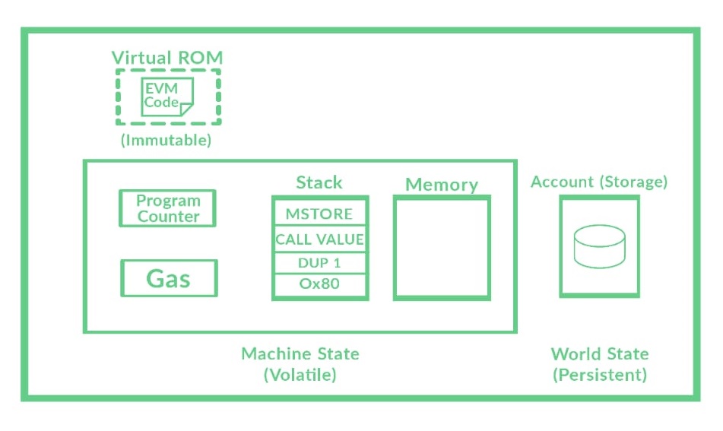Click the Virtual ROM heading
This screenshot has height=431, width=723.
[x=167, y=58]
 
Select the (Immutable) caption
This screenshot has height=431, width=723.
[x=166, y=141]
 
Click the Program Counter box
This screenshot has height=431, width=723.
[x=168, y=208]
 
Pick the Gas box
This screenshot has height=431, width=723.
[x=169, y=278]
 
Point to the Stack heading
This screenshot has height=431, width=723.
[x=319, y=182]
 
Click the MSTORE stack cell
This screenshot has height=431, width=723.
[x=319, y=214]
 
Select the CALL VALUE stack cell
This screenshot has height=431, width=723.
[x=319, y=239]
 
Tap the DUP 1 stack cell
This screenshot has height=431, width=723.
[x=319, y=263]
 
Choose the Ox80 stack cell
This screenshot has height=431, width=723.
[x=319, y=285]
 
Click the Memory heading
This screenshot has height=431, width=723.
[x=442, y=185]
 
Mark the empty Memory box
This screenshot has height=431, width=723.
[x=442, y=248]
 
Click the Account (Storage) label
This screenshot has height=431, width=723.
[x=599, y=182]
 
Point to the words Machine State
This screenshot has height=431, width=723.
[x=300, y=353]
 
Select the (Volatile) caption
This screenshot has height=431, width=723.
[x=300, y=375]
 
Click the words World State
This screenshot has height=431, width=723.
[x=600, y=353]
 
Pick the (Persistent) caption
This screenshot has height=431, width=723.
[x=600, y=375]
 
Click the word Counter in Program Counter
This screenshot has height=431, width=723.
[x=168, y=217]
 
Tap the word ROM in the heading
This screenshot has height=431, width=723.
[x=199, y=58]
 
